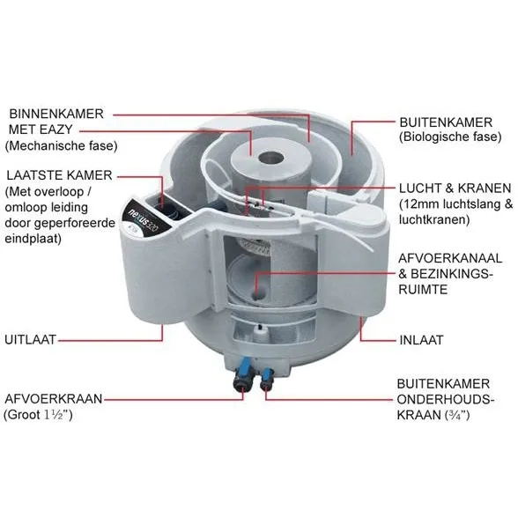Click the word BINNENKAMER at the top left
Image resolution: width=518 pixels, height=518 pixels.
56,114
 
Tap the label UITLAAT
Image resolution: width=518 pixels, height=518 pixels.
30,340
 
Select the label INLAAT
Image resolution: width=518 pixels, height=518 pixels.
421,340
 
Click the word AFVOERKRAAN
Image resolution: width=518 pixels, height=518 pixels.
54,399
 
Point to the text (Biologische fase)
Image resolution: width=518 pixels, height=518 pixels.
450,137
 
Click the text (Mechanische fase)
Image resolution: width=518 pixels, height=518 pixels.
61,145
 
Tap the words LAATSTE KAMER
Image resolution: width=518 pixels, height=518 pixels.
60,175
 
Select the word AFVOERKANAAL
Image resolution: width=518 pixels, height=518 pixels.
450,258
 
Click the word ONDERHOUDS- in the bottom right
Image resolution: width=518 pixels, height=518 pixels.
446,399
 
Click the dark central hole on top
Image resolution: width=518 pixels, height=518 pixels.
271,158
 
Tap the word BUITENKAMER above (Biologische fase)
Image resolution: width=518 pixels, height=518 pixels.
446,122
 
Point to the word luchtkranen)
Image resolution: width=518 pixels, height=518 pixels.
434,219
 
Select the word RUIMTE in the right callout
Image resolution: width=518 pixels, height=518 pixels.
423,290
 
